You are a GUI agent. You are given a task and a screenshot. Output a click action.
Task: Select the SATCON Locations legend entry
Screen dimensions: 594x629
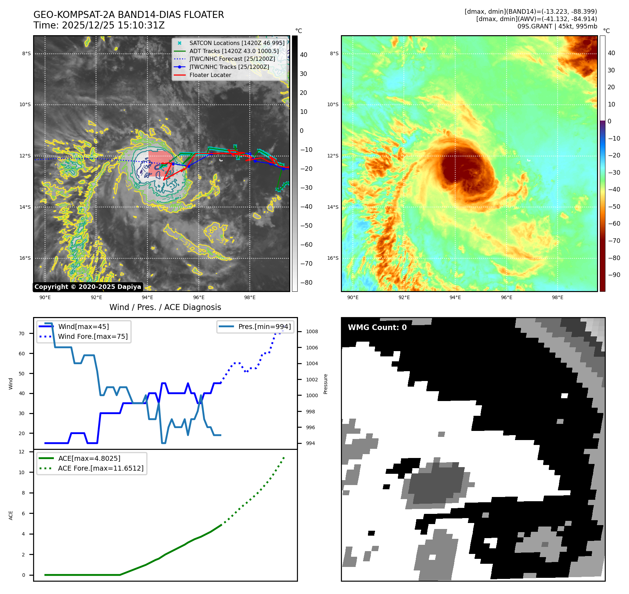(237, 43)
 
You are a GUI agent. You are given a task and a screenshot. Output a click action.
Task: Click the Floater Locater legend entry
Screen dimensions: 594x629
(210, 75)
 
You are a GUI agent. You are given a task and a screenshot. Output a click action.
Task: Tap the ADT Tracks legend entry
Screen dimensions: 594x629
(234, 51)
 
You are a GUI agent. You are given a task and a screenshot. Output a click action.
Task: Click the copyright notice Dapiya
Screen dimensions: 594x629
(88, 287)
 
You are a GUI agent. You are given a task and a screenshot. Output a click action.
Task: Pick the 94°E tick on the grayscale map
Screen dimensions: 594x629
(147, 298)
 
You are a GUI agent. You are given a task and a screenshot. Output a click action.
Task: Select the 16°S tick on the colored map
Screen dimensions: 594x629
(333, 258)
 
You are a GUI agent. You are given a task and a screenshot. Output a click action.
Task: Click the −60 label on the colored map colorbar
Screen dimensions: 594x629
(614, 224)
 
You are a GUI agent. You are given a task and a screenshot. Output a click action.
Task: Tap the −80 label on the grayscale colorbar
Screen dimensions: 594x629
(306, 283)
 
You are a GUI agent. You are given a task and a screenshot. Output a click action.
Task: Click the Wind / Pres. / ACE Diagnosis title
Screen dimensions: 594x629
(165, 308)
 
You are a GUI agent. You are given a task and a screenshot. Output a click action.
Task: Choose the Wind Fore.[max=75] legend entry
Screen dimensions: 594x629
(93, 337)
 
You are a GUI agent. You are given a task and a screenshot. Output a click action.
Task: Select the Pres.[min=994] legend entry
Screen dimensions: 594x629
(265, 327)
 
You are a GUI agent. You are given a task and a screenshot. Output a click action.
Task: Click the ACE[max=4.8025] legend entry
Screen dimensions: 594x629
(89, 459)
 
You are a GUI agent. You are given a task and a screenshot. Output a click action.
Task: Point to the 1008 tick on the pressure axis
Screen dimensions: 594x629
(312, 332)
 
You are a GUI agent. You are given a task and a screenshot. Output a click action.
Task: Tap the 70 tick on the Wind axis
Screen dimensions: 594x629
(22, 334)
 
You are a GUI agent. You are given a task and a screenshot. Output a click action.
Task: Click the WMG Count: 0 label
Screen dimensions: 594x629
(377, 328)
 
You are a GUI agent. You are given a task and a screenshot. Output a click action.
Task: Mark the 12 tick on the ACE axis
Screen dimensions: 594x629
(22, 452)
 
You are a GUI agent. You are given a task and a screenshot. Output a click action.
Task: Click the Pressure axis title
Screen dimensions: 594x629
(326, 384)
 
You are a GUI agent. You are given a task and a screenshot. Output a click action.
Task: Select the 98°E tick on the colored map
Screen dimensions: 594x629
(558, 298)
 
